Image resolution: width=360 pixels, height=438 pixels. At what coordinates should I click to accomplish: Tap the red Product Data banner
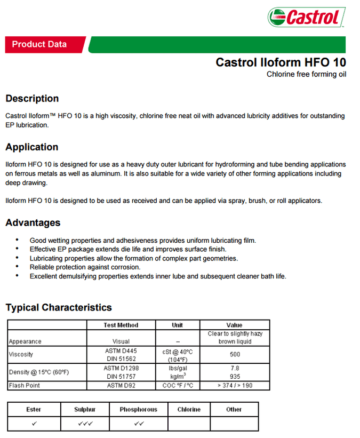click(x=39, y=44)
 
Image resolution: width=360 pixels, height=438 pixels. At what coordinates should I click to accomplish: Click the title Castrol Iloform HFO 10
click(x=281, y=62)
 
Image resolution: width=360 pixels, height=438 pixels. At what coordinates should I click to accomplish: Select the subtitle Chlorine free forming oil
click(x=306, y=74)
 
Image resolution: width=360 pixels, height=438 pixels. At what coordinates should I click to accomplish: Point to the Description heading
click(x=32, y=99)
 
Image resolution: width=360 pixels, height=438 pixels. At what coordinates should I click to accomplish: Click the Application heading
click(x=32, y=147)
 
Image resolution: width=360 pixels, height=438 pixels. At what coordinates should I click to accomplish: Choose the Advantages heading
click(x=33, y=223)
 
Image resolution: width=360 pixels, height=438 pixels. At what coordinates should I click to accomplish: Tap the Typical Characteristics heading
click(x=59, y=307)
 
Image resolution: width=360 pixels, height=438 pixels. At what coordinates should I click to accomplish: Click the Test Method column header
click(x=121, y=325)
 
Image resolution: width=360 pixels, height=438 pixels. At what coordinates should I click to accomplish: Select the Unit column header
click(x=178, y=325)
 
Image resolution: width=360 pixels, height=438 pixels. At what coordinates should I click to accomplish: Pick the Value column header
click(x=234, y=325)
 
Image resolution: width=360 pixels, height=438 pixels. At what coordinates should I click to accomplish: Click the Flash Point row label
click(x=24, y=385)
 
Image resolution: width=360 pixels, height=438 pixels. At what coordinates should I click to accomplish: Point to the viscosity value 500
click(x=235, y=354)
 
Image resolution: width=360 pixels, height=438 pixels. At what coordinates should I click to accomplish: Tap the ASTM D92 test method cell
click(x=121, y=385)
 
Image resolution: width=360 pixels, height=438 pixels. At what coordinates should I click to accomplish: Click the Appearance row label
click(x=25, y=341)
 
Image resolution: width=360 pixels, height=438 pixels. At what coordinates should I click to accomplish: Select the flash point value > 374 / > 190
click(x=235, y=385)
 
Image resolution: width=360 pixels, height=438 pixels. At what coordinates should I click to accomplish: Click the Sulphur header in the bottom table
click(x=85, y=409)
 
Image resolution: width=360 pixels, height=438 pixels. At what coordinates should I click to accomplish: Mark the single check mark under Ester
click(x=34, y=424)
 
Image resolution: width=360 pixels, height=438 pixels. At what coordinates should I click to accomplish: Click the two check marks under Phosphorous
click(x=138, y=424)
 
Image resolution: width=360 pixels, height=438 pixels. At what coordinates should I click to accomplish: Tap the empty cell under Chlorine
click(x=189, y=424)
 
